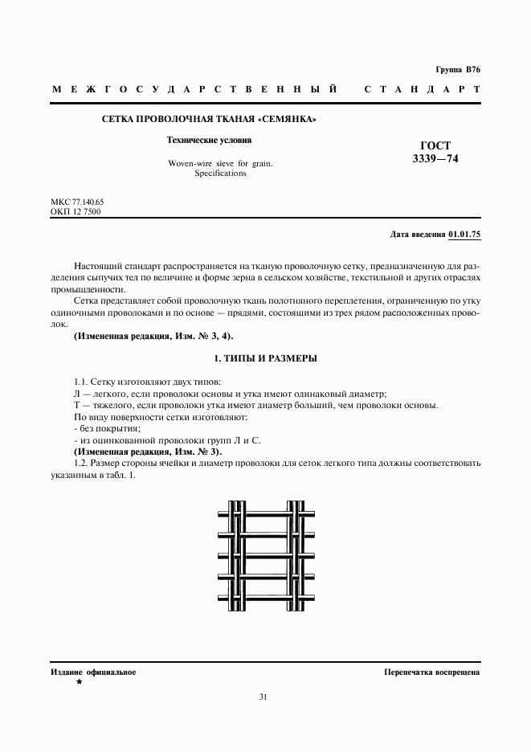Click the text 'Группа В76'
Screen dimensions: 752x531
(x=458, y=71)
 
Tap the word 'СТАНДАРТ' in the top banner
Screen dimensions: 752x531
(x=422, y=89)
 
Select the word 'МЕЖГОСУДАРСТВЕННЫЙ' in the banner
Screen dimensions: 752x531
(x=194, y=89)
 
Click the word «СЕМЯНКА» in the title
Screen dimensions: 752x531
(x=285, y=120)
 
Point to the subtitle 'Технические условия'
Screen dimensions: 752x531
(x=209, y=140)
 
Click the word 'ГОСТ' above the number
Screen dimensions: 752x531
(x=435, y=145)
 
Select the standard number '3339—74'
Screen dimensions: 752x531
(x=435, y=159)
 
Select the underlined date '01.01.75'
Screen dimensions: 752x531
(x=464, y=235)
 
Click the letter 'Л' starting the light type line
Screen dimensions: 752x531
(x=77, y=394)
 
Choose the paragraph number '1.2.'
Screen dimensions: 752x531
(x=80, y=464)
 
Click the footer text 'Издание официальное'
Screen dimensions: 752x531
(x=93, y=672)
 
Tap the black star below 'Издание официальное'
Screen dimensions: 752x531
(x=79, y=682)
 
